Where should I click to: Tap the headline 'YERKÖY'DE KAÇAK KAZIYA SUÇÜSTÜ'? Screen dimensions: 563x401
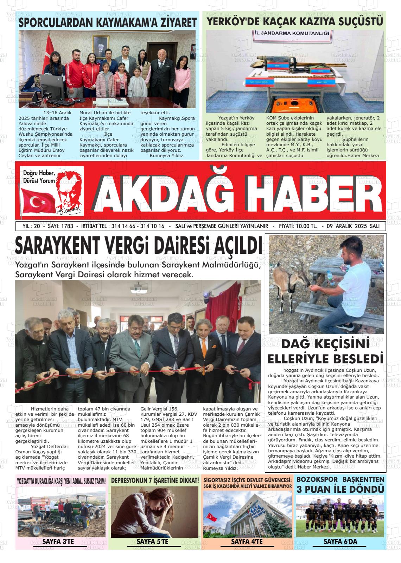(x=295, y=22)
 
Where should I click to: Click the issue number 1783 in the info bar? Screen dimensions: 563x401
(x=67, y=226)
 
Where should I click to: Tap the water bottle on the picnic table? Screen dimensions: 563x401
(x=330, y=278)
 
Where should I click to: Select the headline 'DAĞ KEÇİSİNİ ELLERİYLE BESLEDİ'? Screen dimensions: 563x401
(x=325, y=351)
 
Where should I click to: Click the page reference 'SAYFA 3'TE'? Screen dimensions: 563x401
(x=58, y=542)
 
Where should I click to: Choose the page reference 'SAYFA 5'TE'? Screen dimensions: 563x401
(x=152, y=542)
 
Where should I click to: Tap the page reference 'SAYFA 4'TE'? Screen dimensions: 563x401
(x=247, y=542)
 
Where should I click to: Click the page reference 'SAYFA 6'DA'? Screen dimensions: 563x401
(x=340, y=542)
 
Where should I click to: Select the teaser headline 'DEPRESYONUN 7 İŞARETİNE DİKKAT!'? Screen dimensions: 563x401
(x=155, y=480)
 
